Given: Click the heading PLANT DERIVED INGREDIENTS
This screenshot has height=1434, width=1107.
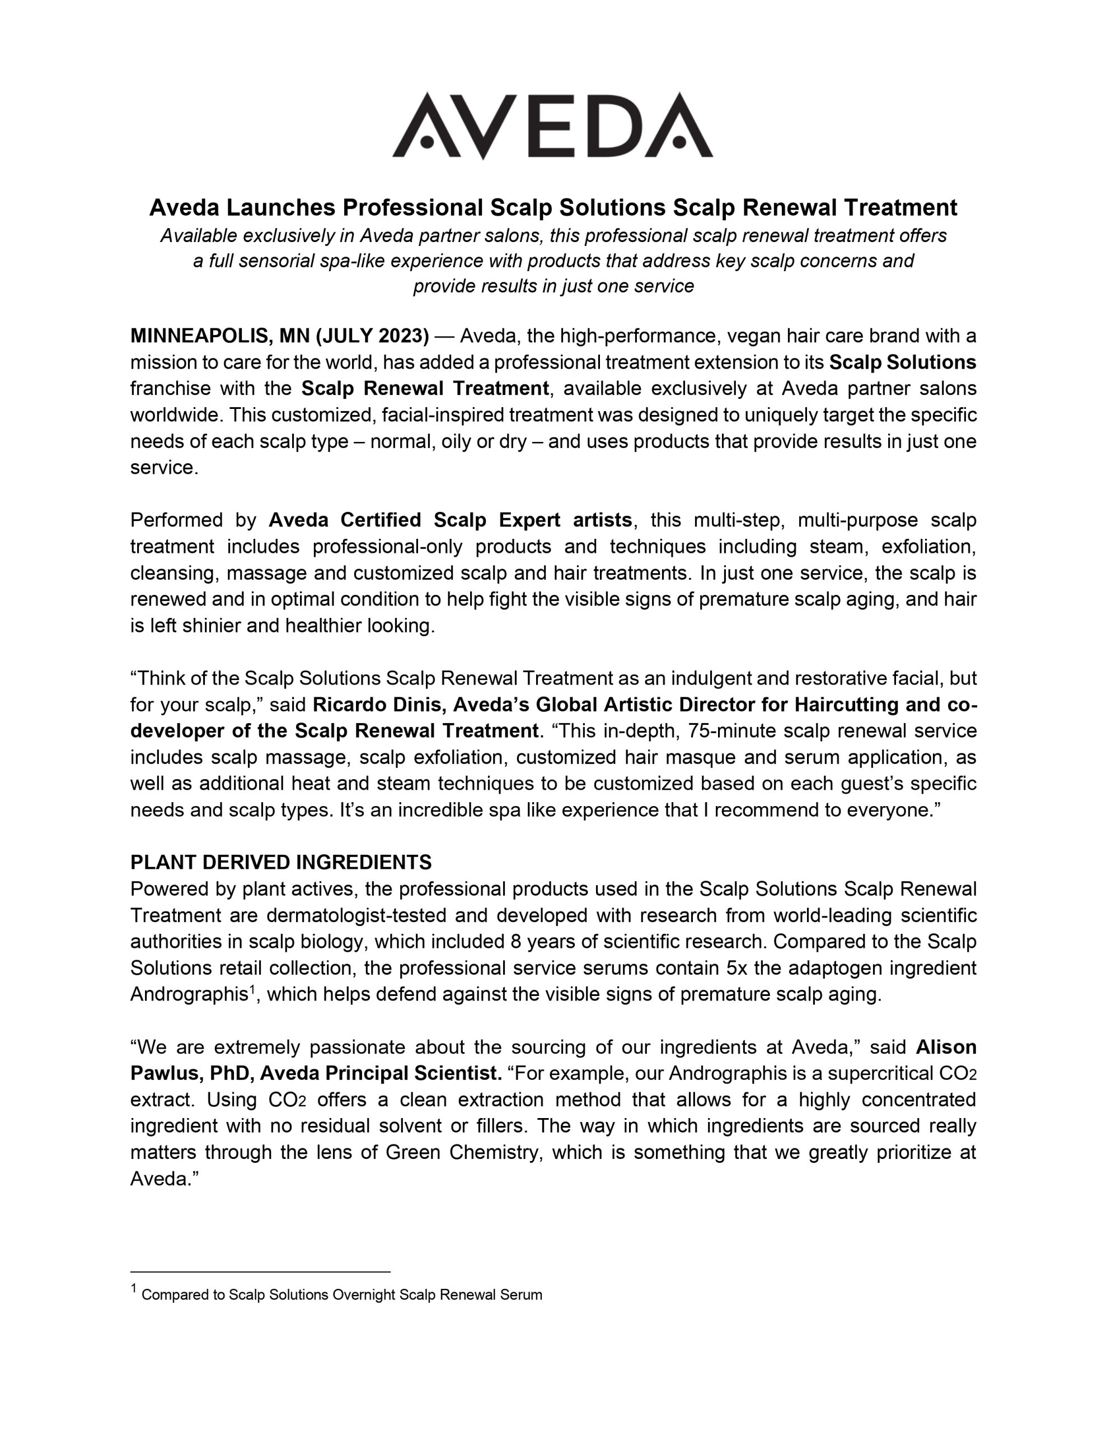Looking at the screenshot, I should click(x=281, y=862).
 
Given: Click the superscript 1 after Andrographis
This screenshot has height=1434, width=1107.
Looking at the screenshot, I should click(x=251, y=989).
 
